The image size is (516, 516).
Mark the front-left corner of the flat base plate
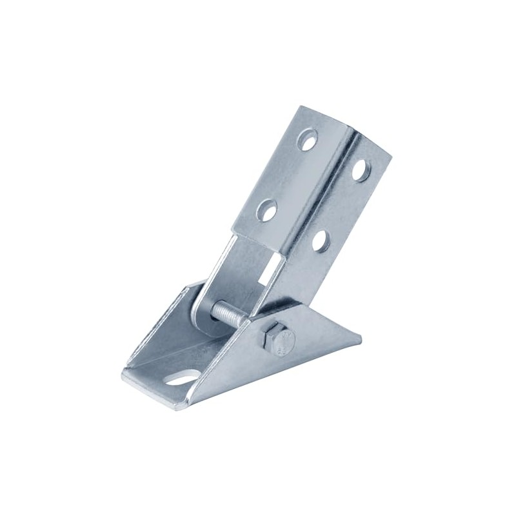coord(124,377)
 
